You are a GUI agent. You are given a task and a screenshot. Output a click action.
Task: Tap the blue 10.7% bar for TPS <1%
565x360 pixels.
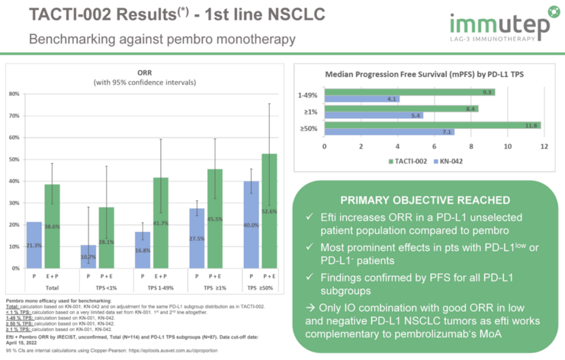coord(88,256)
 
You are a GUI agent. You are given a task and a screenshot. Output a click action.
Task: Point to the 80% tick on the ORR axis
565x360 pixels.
coord(15,94)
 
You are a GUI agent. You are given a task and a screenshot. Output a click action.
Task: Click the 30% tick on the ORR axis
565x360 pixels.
coord(15,203)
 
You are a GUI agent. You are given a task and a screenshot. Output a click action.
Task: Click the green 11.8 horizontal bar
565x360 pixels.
coord(432,126)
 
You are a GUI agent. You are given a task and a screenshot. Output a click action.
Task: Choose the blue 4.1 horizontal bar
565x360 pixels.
coord(361,99)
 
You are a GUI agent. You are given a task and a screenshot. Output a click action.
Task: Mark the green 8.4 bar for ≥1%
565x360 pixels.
coord(401,109)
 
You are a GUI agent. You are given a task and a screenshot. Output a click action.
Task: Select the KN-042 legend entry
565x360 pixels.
coord(449,161)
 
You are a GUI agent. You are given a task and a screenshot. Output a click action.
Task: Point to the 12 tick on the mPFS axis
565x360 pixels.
coord(544,146)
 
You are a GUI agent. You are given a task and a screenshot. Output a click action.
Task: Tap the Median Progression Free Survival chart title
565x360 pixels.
coord(424,74)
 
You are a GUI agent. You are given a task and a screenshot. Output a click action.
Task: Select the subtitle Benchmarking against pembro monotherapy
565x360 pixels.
coord(162,39)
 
